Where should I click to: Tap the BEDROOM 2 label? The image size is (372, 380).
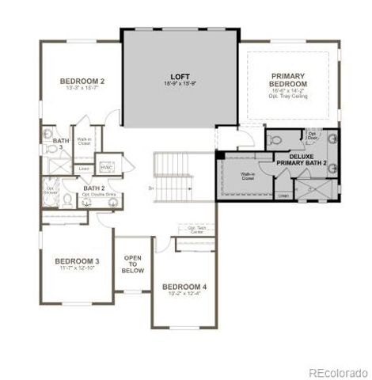pyautogui.click(x=82, y=80)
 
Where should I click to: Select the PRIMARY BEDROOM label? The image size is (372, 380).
pyautogui.click(x=287, y=80)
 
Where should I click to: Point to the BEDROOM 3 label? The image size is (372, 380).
pyautogui.click(x=77, y=261)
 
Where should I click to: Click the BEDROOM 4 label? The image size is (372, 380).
pyautogui.click(x=184, y=286)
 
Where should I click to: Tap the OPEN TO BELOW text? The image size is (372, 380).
pyautogui.click(x=133, y=264)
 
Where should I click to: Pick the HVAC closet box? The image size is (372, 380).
pyautogui.click(x=106, y=167)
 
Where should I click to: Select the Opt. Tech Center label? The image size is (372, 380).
pyautogui.click(x=196, y=230)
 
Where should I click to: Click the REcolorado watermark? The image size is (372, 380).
pyautogui.click(x=337, y=371)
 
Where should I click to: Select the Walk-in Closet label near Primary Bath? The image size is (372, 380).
pyautogui.click(x=248, y=176)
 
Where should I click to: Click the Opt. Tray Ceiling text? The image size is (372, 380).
pyautogui.click(x=287, y=97)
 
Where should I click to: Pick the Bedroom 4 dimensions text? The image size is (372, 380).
pyautogui.click(x=184, y=294)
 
